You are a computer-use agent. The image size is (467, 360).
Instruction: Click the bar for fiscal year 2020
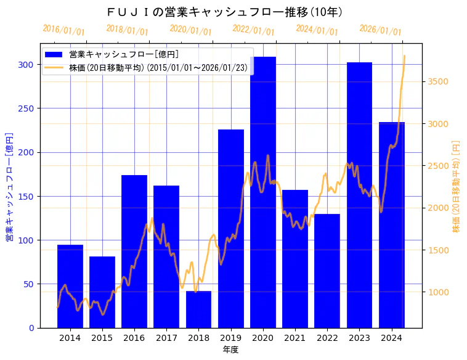(263, 197)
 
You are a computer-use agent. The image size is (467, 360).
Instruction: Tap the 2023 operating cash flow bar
(359, 197)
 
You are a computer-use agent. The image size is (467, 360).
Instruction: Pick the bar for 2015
(102, 292)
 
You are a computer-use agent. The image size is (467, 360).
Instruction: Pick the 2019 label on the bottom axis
(230, 338)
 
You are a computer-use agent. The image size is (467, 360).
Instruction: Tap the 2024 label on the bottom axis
(391, 338)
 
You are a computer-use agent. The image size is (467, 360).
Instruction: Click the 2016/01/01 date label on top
(63, 30)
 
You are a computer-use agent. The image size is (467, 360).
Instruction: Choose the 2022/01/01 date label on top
(253, 30)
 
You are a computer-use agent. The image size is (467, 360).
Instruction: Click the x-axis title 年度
(230, 350)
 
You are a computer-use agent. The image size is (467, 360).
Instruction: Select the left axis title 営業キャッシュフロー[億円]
(9, 187)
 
